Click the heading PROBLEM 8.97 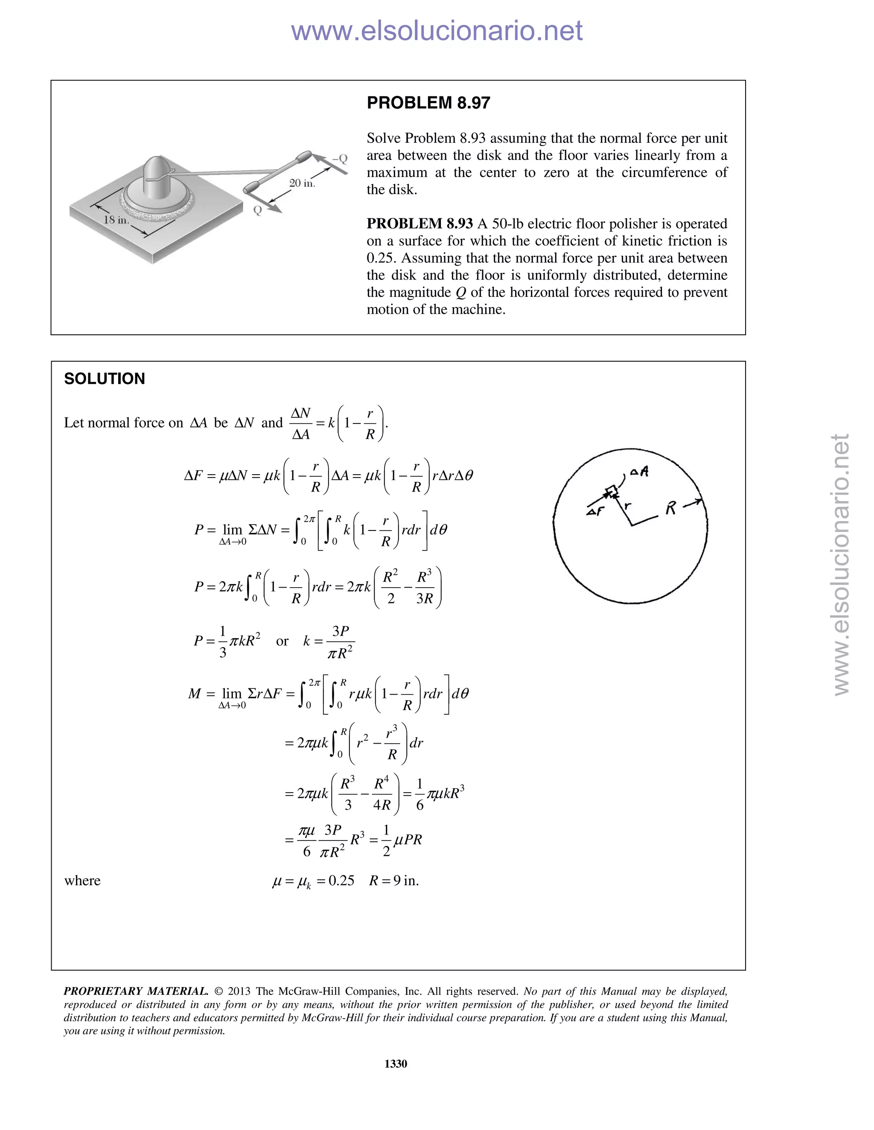click(x=428, y=103)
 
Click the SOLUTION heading click(x=104, y=379)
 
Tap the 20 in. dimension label click(x=302, y=183)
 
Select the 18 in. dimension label click(x=116, y=220)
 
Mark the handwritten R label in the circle click(x=670, y=509)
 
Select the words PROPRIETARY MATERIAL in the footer click(x=136, y=991)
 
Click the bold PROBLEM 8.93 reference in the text click(x=420, y=223)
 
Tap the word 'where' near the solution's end click(x=82, y=881)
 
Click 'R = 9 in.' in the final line click(x=393, y=881)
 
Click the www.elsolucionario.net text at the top click(x=437, y=31)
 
